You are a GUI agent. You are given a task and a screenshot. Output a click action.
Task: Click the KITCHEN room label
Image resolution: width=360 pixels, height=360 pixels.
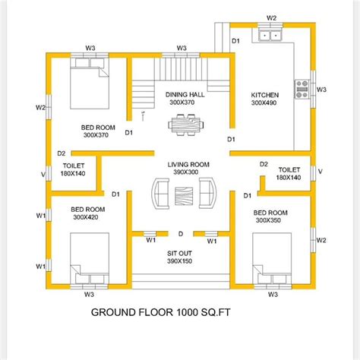265,95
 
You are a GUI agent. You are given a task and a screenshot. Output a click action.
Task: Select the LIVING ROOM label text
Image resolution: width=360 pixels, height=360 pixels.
188,164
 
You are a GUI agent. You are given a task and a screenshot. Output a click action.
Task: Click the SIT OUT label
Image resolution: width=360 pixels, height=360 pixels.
181,253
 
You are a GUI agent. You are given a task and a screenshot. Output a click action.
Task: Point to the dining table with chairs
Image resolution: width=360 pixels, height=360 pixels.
182,122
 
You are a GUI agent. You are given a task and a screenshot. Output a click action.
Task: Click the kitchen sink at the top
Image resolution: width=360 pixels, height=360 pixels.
271,33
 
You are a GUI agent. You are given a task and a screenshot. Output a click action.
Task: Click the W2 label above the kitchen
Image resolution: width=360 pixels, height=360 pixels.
271,16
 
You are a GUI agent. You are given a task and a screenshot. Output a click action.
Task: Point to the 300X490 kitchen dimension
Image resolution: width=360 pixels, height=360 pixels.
265,103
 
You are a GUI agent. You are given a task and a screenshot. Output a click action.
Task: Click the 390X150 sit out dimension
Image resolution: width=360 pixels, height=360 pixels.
181,261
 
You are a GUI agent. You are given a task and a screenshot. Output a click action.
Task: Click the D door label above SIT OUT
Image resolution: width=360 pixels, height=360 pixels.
181,233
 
